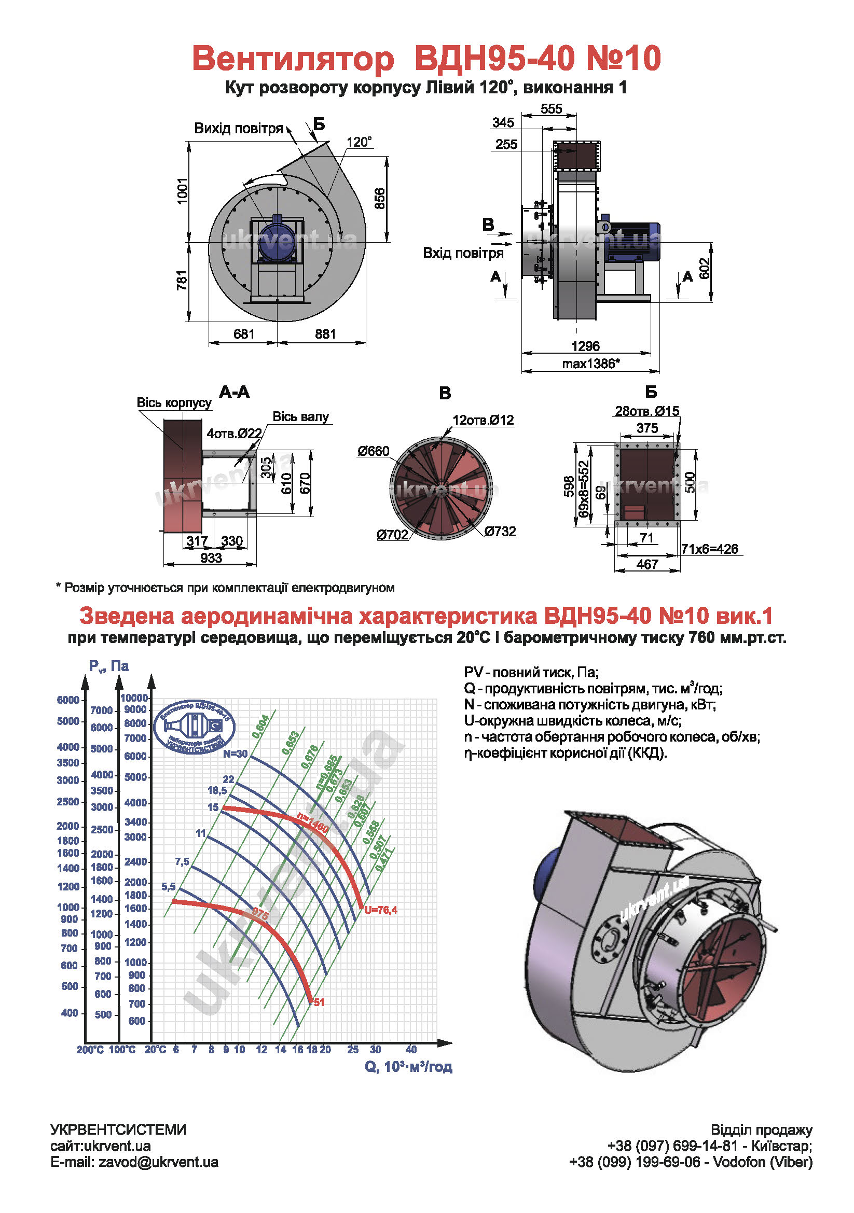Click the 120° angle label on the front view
pos(359,142)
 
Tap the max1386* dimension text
pos(590,364)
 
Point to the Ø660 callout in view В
pos(373,451)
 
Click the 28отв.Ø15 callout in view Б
pos(646,411)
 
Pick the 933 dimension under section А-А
pos(211,558)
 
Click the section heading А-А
pos(234,392)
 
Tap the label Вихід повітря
pos(238,129)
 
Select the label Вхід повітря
pos(463,253)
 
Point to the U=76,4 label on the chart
pos(380,910)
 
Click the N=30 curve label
pos(235,754)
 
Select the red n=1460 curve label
pos(312,822)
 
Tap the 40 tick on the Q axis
pos(410,1049)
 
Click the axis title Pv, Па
pos(109,666)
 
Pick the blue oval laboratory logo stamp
pos(194,727)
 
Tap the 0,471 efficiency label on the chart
pos(385,859)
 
